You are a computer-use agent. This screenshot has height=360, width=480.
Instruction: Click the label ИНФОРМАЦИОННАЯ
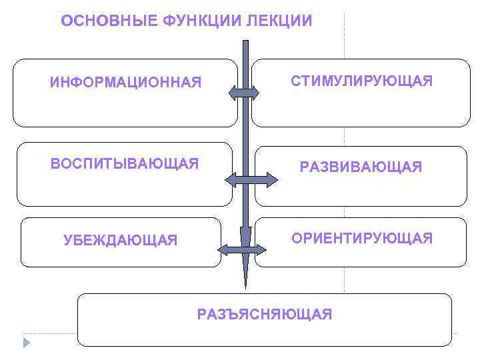(x=125, y=83)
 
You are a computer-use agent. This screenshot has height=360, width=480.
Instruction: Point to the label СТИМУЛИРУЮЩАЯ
(x=361, y=81)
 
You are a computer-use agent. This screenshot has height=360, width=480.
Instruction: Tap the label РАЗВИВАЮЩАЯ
(x=361, y=167)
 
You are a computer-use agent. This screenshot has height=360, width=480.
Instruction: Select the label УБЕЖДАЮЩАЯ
(x=121, y=240)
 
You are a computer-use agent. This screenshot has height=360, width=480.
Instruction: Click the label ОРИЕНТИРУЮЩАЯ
(x=361, y=238)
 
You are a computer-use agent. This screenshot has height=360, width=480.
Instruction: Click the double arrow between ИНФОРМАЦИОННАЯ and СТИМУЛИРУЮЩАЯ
(x=243, y=93)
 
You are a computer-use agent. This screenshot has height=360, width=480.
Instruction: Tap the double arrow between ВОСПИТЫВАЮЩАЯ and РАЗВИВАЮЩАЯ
(x=251, y=179)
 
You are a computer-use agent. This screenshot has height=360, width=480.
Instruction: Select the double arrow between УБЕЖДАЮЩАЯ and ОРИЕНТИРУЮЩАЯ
(x=243, y=250)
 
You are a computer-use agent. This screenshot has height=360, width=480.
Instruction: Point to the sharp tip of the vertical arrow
(x=245, y=287)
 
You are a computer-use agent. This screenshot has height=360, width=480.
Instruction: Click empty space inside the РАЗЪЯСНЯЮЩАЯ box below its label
(x=265, y=334)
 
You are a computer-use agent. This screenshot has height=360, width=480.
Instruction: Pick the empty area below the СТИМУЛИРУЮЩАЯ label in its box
(x=361, y=108)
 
